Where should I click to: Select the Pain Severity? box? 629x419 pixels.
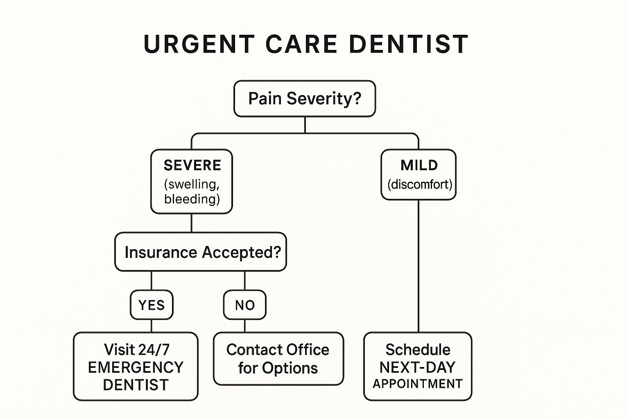click(x=304, y=99)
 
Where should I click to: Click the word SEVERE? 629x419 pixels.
click(x=192, y=165)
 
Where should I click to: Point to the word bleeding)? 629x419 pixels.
click(x=192, y=199)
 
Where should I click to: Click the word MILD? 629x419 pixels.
click(x=419, y=165)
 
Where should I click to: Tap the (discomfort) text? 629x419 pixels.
click(x=419, y=185)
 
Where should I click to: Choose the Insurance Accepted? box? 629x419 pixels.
click(x=201, y=252)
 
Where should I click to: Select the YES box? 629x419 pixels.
click(x=152, y=305)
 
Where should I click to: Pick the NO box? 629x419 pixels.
click(x=245, y=305)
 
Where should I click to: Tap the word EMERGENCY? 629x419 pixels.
click(x=136, y=367)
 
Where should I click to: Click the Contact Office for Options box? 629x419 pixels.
click(x=278, y=358)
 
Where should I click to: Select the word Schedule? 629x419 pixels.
click(x=418, y=350)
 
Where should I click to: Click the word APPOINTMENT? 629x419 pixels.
click(x=418, y=384)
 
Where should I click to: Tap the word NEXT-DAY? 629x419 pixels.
click(x=417, y=367)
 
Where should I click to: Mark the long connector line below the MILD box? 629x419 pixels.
click(x=419, y=266)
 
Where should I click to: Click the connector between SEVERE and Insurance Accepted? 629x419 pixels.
click(x=192, y=223)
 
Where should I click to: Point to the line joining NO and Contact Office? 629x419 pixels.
click(x=245, y=326)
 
